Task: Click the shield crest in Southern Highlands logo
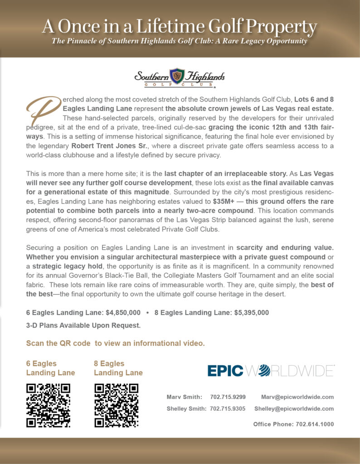pyautogui.click(x=177, y=76)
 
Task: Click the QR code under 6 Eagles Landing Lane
pyautogui.click(x=48, y=405)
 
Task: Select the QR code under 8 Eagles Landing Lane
pyautogui.click(x=116, y=405)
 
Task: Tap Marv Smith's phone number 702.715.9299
pyautogui.click(x=228, y=397)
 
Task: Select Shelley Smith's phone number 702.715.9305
pyautogui.click(x=228, y=408)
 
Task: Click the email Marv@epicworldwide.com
pyautogui.click(x=297, y=397)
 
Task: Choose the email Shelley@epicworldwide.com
pyautogui.click(x=294, y=408)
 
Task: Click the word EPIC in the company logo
pyautogui.click(x=225, y=370)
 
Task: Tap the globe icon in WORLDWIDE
pyautogui.click(x=263, y=371)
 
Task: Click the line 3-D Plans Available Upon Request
pyautogui.click(x=83, y=325)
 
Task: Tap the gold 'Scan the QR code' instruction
pyautogui.click(x=115, y=343)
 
